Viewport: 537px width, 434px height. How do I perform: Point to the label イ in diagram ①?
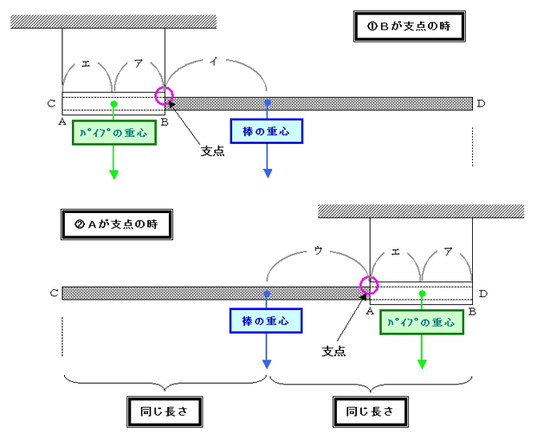coord(213,60)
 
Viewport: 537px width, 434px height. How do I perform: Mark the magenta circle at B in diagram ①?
coord(164,95)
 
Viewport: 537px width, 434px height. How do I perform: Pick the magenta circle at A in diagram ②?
coord(370,285)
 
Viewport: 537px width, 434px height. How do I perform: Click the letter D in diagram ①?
coord(481,104)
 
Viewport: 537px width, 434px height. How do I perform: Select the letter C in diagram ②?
coord(54,293)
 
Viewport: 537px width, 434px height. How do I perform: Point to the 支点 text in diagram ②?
coord(334,352)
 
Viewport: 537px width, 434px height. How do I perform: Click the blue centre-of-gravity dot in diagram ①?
coord(268,103)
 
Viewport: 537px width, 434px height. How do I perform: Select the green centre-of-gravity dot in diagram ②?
coord(422,293)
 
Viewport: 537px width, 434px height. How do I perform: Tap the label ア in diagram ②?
coord(447,252)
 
